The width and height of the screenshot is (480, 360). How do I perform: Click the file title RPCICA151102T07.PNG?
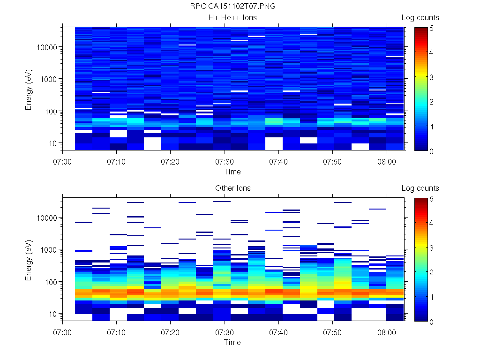point(232,7)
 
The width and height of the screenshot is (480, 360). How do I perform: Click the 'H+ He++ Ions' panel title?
point(232,18)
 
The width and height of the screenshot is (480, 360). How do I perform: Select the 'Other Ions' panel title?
point(232,188)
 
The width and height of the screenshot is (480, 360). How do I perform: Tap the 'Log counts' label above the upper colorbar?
point(420,18)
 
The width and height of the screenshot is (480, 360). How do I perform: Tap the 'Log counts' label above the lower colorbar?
point(420,188)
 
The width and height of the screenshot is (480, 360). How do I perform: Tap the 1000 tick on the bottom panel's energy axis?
point(49,250)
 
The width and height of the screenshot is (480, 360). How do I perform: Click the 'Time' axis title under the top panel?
point(232,172)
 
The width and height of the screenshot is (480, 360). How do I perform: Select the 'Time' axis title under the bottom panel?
point(232,342)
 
